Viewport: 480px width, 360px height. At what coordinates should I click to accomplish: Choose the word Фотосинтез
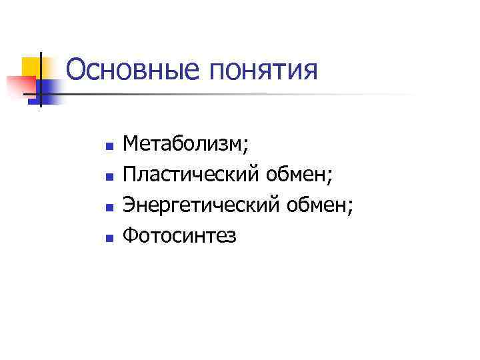pyautogui.click(x=180, y=236)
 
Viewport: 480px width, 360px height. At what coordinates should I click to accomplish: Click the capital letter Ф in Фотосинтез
pyautogui.click(x=131, y=236)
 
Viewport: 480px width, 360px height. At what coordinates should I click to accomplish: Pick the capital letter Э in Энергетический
pyautogui.click(x=129, y=206)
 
